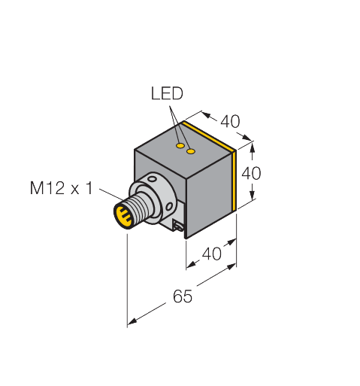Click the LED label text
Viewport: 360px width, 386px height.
pyautogui.click(x=167, y=93)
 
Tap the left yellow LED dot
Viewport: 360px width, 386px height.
pyautogui.click(x=180, y=146)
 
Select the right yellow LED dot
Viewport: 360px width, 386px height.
pyautogui.click(x=191, y=151)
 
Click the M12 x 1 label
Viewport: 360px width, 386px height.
pyautogui.click(x=62, y=188)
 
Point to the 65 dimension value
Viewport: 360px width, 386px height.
pyautogui.click(x=183, y=296)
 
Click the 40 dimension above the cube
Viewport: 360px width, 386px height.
pyautogui.click(x=230, y=121)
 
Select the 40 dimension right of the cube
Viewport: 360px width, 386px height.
pyautogui.click(x=251, y=173)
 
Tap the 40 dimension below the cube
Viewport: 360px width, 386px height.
pyautogui.click(x=212, y=254)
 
